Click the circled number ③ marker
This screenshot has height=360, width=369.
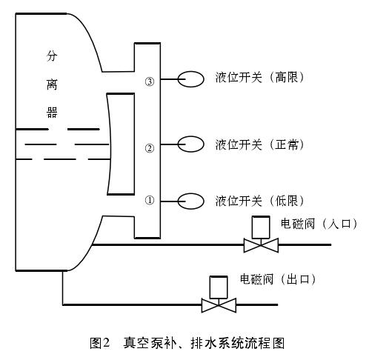coord(149,81)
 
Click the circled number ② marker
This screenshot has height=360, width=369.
coord(149,148)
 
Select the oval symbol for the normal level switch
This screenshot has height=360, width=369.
coord(191,144)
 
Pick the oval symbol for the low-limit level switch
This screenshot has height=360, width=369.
coord(191,201)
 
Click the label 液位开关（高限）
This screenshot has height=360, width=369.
coord(259,78)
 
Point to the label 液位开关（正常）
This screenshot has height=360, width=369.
coord(259,144)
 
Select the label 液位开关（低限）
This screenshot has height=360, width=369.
coord(259,201)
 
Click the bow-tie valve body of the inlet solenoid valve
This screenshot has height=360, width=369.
coord(261,244)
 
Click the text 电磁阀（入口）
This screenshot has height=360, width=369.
coord(319,223)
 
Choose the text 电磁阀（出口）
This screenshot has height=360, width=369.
coord(278,279)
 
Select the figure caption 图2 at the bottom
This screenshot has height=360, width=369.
coord(99,343)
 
